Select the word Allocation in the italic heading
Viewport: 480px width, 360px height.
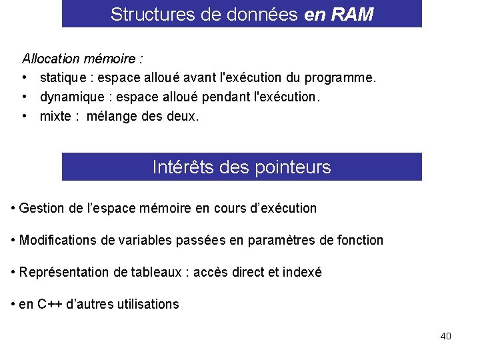[51, 59]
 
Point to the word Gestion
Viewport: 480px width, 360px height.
[41, 208]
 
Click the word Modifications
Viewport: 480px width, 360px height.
[58, 240]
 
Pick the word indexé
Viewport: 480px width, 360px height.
[302, 272]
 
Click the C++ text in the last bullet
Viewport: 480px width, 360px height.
[51, 304]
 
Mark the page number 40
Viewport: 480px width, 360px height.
[445, 336]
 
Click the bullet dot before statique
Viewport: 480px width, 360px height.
[25, 78]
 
